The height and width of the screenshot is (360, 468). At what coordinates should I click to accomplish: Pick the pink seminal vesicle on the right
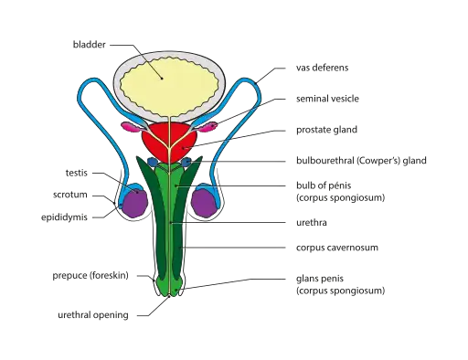click(212, 121)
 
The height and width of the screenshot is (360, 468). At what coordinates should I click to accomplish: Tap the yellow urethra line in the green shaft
click(170, 228)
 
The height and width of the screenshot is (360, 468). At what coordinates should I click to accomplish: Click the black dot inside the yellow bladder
click(164, 78)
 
